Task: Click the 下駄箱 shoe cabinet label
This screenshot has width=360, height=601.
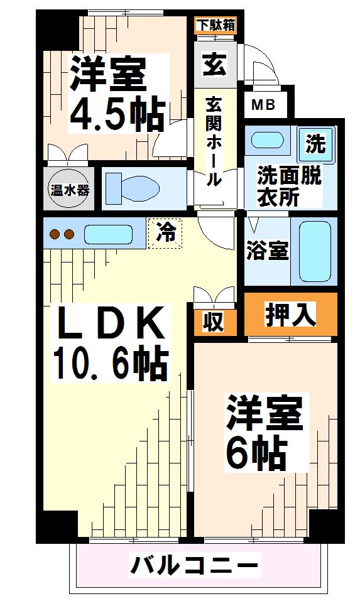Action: [x=215, y=26]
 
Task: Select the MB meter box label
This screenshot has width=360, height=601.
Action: [x=263, y=105]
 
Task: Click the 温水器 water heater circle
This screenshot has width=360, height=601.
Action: [x=70, y=188]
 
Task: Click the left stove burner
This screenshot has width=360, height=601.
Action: [x=55, y=236]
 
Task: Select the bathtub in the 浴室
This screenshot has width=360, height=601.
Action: [x=317, y=251]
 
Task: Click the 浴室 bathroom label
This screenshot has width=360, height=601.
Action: [x=266, y=251]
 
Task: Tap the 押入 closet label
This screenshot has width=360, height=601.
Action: [x=290, y=314]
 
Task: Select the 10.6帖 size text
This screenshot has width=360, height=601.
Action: [x=110, y=362]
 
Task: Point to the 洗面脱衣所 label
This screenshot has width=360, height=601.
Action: [x=288, y=186]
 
